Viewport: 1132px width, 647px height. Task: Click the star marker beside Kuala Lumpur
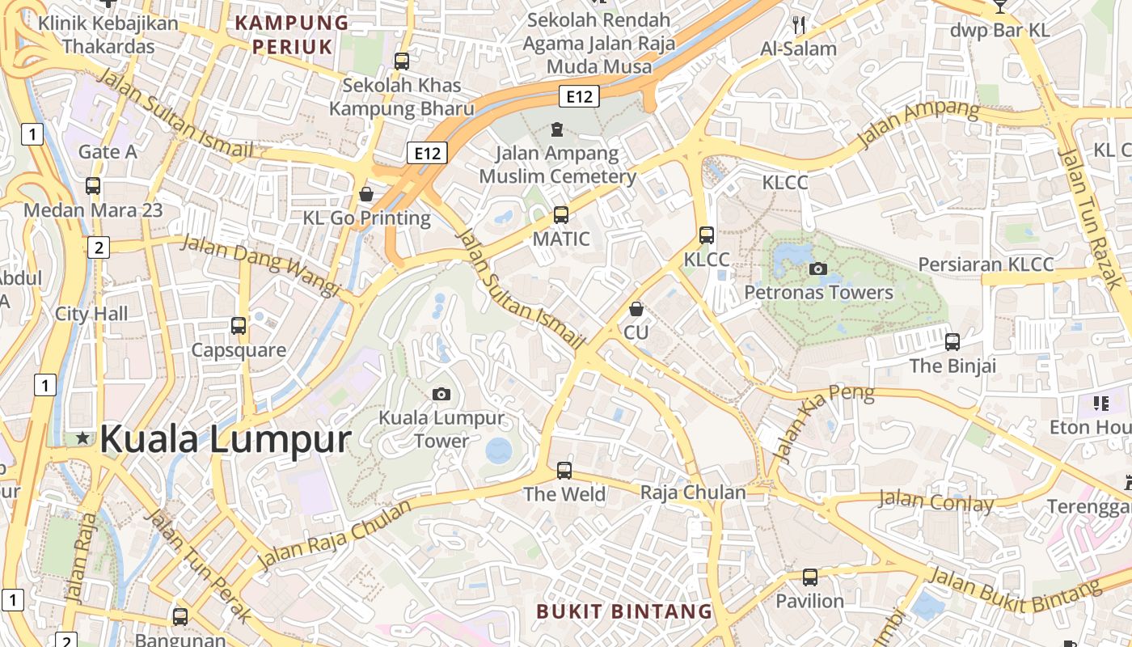82,438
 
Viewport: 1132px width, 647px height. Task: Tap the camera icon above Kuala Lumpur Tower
441,394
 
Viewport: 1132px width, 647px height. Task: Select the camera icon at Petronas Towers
818,269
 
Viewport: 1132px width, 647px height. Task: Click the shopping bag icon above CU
636,309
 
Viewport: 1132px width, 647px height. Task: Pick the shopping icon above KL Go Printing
366,194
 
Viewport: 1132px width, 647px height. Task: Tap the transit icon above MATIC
560,215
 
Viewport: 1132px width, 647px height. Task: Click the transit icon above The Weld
564,470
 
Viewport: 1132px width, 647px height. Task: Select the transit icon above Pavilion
810,577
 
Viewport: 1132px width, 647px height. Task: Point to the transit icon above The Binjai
952,342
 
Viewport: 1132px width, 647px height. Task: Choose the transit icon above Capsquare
239,326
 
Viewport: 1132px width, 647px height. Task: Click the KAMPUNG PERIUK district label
292,35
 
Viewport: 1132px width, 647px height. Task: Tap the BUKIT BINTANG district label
625,611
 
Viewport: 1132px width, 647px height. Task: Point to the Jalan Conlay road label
936,501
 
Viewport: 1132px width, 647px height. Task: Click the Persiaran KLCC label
986,264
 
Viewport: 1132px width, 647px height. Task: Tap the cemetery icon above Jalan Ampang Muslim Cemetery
556,129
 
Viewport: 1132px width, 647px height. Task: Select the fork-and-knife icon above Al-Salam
799,25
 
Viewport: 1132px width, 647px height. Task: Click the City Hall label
91,314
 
